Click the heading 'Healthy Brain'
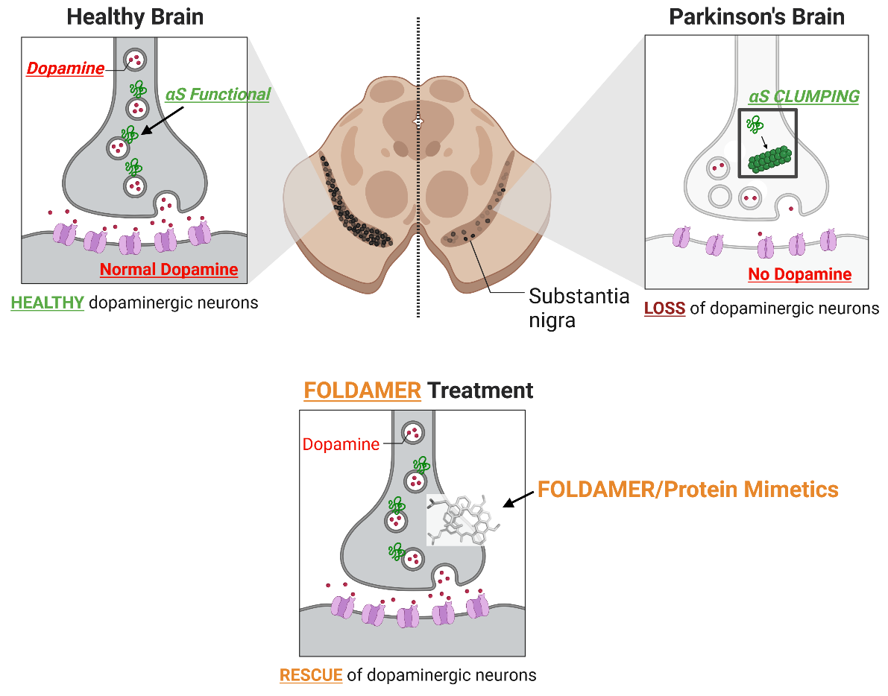[135, 17]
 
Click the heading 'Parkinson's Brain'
[757, 17]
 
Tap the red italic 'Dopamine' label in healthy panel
[66, 69]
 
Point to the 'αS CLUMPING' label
[804, 97]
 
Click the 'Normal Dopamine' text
[169, 270]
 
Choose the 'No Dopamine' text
[799, 274]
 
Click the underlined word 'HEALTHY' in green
[47, 303]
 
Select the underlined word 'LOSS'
[664, 308]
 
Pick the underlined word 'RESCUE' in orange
[310, 676]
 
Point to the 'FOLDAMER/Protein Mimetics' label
[687, 490]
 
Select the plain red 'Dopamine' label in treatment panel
[341, 445]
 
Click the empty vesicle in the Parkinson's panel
[719, 196]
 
